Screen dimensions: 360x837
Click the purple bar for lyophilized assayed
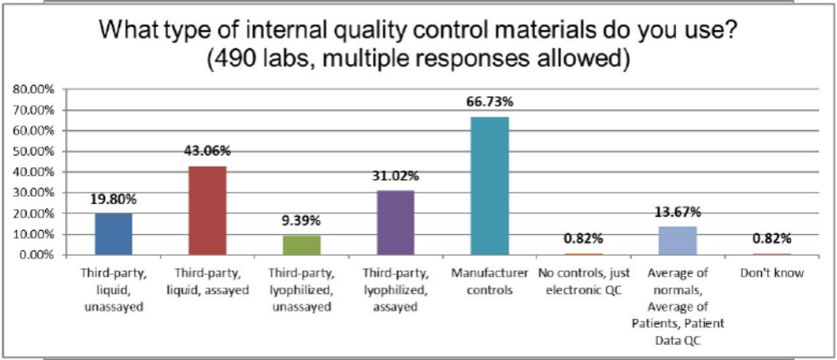click(x=395, y=222)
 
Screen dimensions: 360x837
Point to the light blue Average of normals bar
click(x=677, y=240)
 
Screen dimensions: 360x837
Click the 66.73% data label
click(x=490, y=102)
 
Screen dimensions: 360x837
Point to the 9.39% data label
click(x=302, y=221)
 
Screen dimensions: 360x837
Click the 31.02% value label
click(x=395, y=176)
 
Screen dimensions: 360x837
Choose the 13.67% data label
click(x=677, y=212)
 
